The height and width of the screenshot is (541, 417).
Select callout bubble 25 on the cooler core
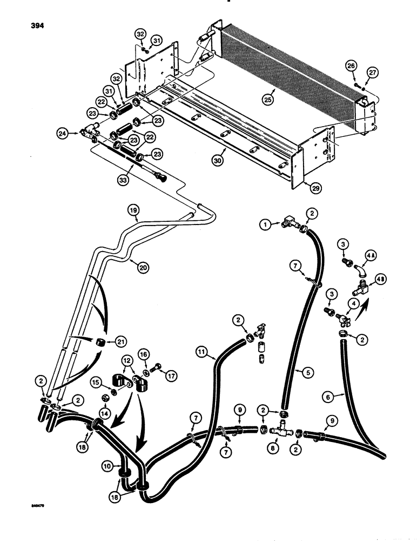pyautogui.click(x=269, y=100)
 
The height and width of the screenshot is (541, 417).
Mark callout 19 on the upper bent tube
pyautogui.click(x=134, y=209)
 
